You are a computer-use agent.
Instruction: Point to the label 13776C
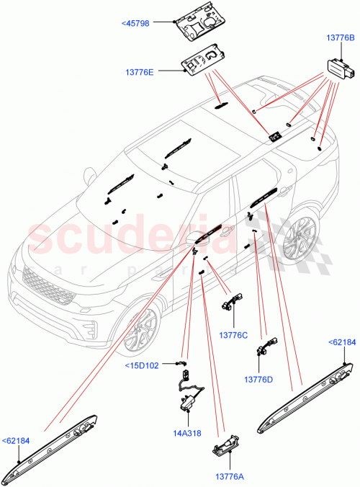(234, 335)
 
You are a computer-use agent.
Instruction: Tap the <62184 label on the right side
(341, 343)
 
